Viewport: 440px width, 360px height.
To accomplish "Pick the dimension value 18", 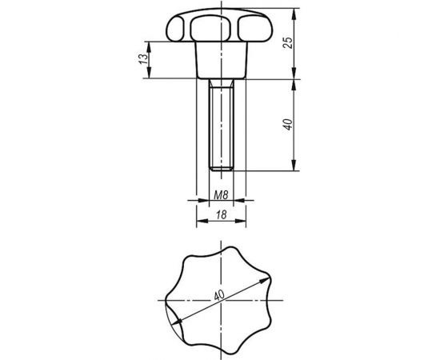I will pyautogui.click(x=220, y=215).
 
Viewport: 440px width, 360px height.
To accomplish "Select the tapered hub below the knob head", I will pyautogui.click(x=220, y=59).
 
